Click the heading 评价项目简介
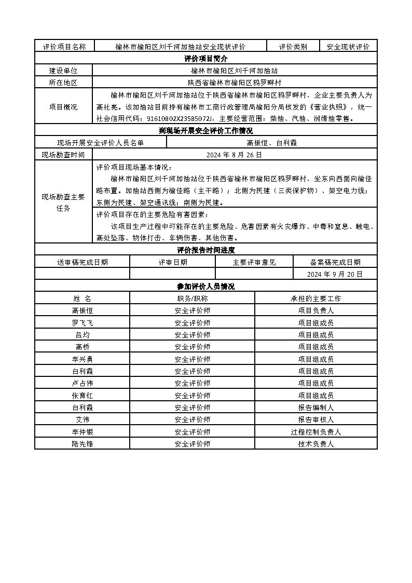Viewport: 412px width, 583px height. pyautogui.click(x=205, y=59)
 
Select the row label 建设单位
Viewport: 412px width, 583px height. pyautogui.click(x=63, y=71)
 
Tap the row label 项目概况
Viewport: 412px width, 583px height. pyautogui.click(x=63, y=106)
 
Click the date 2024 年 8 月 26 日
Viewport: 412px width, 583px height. pyautogui.click(x=234, y=155)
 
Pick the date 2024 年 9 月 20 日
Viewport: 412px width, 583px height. pyautogui.click(x=335, y=274)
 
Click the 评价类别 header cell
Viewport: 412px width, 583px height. pyautogui.click(x=293, y=47)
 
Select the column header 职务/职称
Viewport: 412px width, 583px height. pyautogui.click(x=192, y=299)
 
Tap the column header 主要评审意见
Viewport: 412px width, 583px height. pyautogui.click(x=254, y=262)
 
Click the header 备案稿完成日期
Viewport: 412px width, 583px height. pyautogui.click(x=335, y=262)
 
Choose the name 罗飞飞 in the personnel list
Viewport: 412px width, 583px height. pyautogui.click(x=82, y=322)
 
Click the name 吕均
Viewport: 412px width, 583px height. pyautogui.click(x=82, y=335)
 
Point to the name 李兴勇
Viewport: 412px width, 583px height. pyautogui.click(x=82, y=359)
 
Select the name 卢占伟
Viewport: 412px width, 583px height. pyautogui.click(x=82, y=383)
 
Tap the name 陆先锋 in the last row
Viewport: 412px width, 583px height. pyautogui.click(x=82, y=444)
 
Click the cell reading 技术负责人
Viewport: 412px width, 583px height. pyautogui.click(x=315, y=444)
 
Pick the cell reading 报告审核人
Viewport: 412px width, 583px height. pyautogui.click(x=315, y=419)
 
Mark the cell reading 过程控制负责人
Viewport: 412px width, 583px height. pyautogui.click(x=315, y=432)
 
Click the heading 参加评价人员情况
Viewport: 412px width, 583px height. pyautogui.click(x=205, y=287)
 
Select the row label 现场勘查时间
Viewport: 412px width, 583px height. pyautogui.click(x=63, y=155)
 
